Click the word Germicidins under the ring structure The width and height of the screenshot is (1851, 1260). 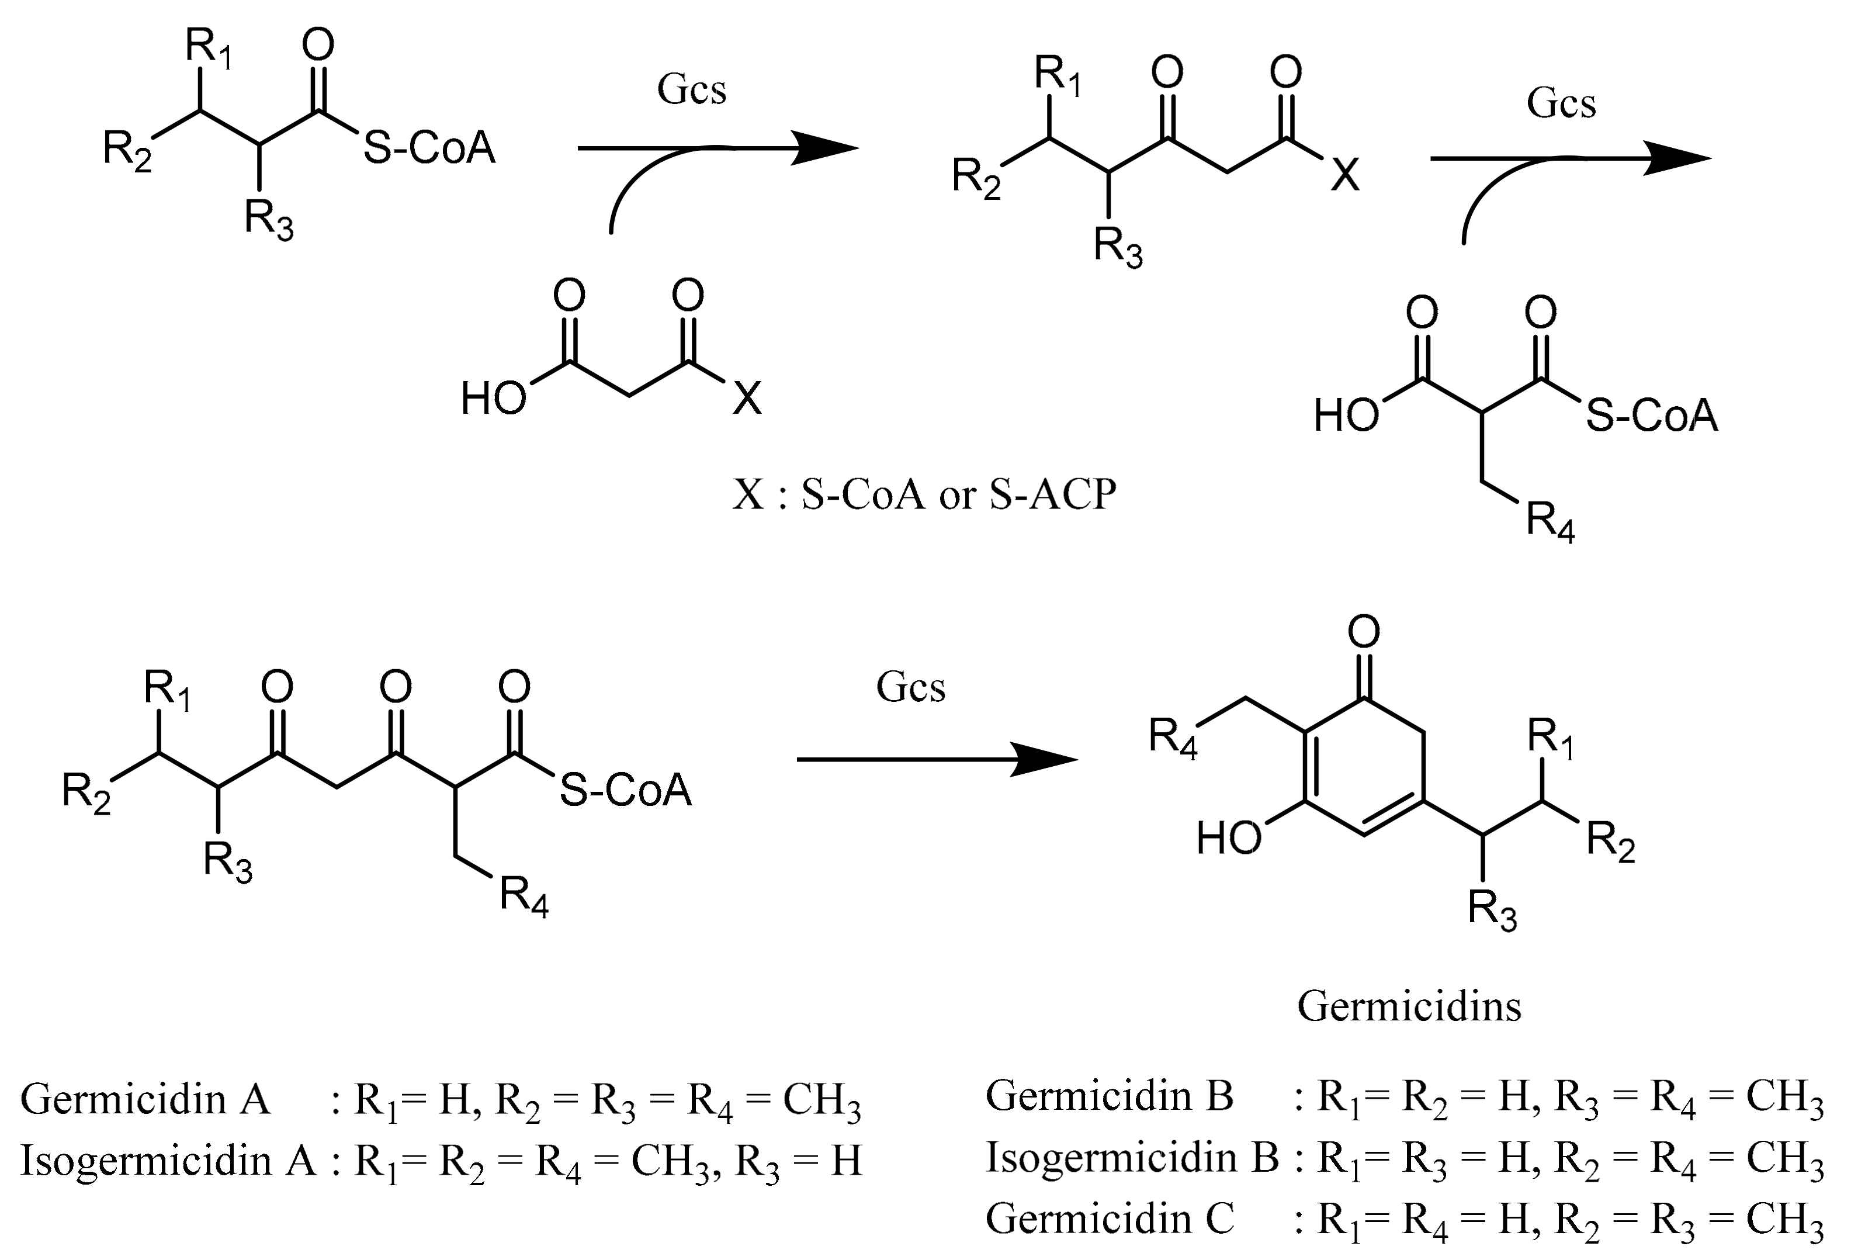coord(1408,1006)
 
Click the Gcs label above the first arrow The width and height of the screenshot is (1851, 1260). coord(691,89)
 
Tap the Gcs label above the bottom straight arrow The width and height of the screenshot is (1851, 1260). coord(910,687)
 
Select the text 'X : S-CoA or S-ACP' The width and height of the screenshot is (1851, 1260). coord(924,494)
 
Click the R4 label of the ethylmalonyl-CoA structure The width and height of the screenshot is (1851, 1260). coord(1549,523)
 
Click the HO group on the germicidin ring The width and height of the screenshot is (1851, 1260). coord(1228,839)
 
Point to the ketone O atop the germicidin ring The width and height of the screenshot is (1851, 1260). coord(1364,632)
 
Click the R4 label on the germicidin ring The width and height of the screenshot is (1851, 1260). coord(1173,738)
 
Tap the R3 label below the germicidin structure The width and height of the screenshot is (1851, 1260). coord(1492,911)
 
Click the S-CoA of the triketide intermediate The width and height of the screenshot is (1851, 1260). coord(625,791)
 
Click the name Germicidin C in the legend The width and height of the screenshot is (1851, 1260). coord(1109,1218)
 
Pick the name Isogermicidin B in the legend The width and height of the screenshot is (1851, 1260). coord(1132,1157)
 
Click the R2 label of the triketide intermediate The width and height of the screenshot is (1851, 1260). coord(86,793)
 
